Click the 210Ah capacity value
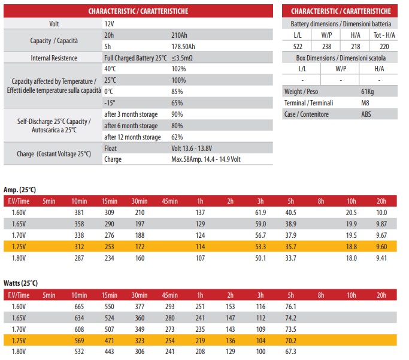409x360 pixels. click(180, 35)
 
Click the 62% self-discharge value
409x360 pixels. click(177, 137)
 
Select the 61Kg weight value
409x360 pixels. click(368, 92)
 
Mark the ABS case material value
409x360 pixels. click(366, 114)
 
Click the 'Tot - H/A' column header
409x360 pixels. click(384, 35)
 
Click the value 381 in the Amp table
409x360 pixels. click(78, 213)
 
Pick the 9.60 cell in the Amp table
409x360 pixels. click(381, 247)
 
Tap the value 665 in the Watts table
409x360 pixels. click(78, 307)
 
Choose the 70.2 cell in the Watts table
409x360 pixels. click(291, 341)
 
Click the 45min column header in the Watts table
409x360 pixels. click(169, 295)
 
